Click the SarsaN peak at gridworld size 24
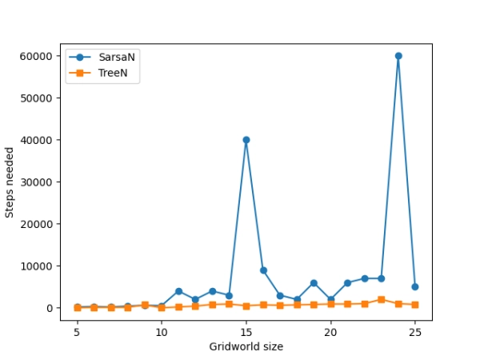[x=398, y=56]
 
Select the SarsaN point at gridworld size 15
[x=246, y=140]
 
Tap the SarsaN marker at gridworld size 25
[x=415, y=286]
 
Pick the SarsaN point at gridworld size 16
[x=263, y=270]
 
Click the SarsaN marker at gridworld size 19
[x=314, y=283]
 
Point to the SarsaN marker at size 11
[x=178, y=291]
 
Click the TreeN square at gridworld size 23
[x=382, y=300]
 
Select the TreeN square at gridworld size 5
[x=78, y=307]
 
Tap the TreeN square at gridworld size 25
[x=415, y=305]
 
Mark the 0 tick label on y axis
[x=50, y=308]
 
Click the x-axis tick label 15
[x=246, y=331]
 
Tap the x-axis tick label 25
[x=415, y=331]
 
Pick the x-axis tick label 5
[x=78, y=331]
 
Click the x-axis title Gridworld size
[x=246, y=346]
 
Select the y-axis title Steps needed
[x=10, y=182]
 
